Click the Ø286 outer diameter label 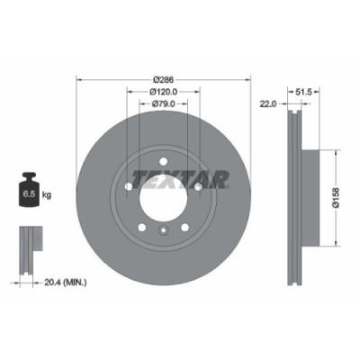point(162,78)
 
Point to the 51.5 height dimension point(305,90)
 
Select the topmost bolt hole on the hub point(162,158)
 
